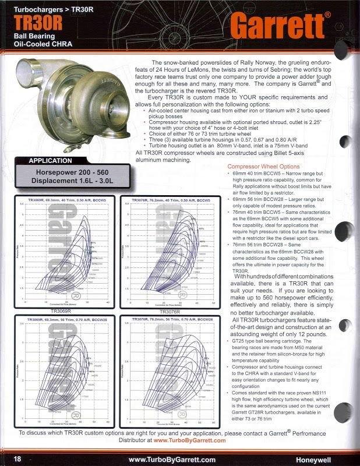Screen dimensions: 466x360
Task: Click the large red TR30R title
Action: (37, 22)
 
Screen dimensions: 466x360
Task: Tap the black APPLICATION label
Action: (51, 160)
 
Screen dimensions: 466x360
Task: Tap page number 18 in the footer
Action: (17, 459)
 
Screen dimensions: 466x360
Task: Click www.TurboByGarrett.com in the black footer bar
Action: (172, 459)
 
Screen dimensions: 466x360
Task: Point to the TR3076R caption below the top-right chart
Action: (168, 312)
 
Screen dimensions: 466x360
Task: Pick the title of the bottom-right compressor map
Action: (168, 320)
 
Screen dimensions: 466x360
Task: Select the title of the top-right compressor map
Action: (168, 199)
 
